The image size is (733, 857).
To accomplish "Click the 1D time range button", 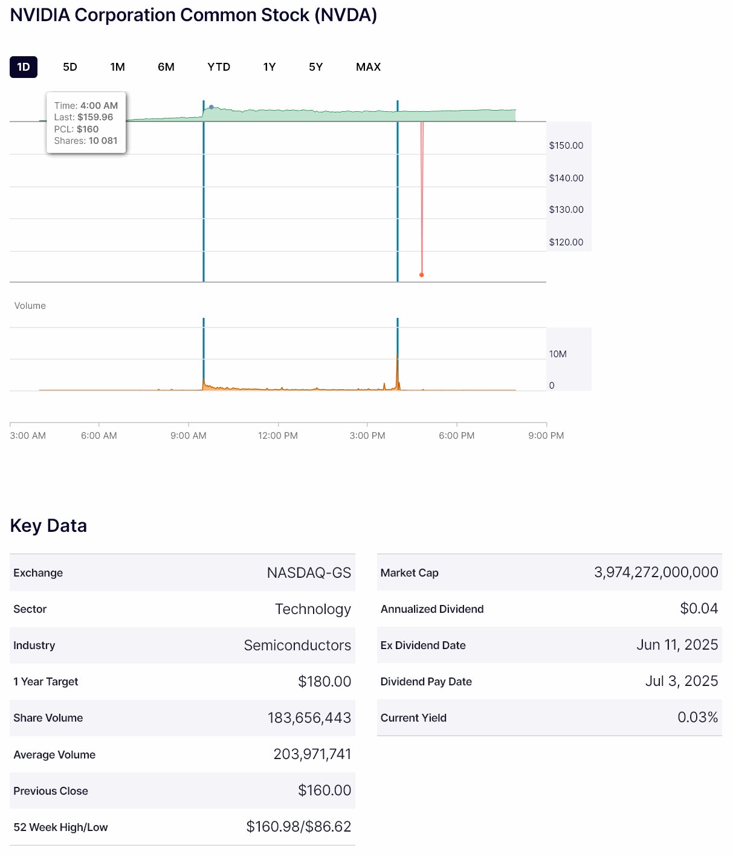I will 24,67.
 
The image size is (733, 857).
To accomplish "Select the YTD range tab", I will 219,67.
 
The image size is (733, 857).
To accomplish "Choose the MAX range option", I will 368,67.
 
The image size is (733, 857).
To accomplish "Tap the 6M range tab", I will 166,67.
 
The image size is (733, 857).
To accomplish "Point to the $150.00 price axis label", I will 566,146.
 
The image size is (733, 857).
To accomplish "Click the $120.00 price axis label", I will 566,242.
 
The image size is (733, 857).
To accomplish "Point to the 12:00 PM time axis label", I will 278,436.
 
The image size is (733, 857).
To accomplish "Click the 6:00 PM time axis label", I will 457,436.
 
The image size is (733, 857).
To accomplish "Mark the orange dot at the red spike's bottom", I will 422,275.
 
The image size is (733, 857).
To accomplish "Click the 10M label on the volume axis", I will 558,354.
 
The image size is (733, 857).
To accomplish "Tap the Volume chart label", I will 30,306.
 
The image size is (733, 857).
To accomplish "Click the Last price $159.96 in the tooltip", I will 95,117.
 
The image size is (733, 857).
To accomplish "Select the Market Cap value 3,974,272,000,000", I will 656,572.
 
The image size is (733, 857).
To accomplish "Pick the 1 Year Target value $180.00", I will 325,682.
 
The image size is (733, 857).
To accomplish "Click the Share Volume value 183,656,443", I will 309,718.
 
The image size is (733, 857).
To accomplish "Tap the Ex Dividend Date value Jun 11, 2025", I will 677,645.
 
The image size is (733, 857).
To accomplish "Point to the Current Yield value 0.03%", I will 697,717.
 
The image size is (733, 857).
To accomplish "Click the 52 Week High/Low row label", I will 60,827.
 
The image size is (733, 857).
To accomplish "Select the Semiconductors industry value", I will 297,645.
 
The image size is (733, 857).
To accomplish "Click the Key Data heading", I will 48,526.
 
